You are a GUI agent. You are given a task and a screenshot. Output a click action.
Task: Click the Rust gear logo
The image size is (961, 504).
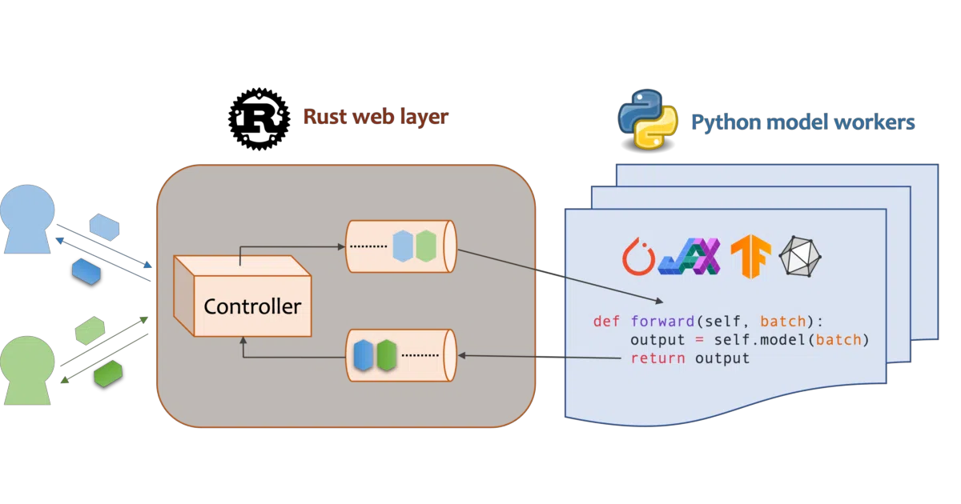point(259,119)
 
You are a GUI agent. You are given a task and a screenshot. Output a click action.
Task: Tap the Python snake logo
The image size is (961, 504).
point(648,121)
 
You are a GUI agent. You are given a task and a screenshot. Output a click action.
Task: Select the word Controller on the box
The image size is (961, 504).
point(252,306)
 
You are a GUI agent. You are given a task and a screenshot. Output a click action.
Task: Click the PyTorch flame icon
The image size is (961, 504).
point(638,256)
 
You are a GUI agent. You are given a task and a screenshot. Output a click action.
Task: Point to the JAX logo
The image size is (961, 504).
point(690,256)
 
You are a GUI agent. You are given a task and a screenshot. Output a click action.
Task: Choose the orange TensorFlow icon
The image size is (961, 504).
point(751,256)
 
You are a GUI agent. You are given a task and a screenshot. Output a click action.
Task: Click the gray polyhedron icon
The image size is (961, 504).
point(800,256)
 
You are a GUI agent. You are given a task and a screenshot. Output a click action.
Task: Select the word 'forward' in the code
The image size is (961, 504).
point(662,321)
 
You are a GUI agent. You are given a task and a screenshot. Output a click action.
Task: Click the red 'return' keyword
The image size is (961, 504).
point(657,358)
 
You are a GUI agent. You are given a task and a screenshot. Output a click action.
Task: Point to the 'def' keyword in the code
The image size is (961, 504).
point(607,321)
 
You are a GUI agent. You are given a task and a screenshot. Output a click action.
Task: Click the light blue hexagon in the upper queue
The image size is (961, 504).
point(402,246)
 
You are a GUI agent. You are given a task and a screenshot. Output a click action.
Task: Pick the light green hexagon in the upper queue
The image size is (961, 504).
point(426,246)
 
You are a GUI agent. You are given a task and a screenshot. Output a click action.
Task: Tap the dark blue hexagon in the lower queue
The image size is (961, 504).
point(363,355)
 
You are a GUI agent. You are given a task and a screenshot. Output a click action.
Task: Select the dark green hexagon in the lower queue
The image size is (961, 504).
point(387,355)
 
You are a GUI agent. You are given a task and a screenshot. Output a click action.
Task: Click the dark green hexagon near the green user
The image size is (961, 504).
point(108,374)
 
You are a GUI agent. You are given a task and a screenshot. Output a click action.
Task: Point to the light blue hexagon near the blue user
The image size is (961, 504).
point(104,227)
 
